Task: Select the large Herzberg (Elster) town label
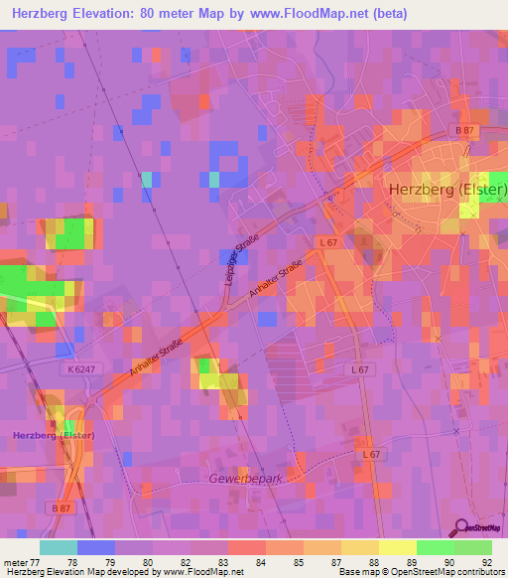click(x=435, y=189)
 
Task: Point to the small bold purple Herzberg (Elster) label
click(x=53, y=435)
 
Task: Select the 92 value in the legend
click(x=488, y=562)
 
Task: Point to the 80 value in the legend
click(x=149, y=562)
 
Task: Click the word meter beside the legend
click(x=14, y=562)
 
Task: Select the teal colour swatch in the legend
click(x=58, y=547)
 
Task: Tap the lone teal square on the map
click(x=148, y=180)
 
